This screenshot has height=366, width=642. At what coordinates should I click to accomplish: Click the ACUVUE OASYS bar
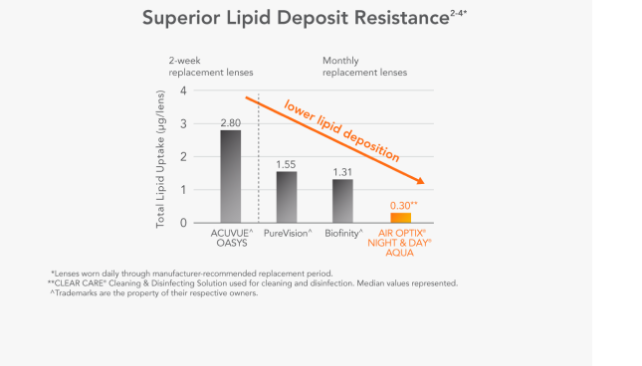[x=230, y=176]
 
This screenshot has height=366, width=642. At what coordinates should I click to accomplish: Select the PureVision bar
[x=287, y=197]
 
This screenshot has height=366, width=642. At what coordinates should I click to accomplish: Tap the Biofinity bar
[x=342, y=201]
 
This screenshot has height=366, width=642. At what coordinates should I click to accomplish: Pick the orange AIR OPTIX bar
[x=400, y=217]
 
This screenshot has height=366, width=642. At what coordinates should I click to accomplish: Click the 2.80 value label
[x=230, y=122]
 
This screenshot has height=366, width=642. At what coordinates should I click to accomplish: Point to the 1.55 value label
[x=287, y=163]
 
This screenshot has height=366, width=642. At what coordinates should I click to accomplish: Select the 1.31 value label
[x=342, y=171]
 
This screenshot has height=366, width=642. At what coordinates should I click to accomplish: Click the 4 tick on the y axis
[x=183, y=91]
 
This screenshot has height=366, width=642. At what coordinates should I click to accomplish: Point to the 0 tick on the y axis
[x=183, y=223]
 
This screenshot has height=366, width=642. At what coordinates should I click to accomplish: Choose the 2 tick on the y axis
[x=183, y=157]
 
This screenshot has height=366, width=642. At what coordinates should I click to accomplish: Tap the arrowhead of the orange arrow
[x=425, y=181]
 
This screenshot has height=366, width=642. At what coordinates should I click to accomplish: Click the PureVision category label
[x=289, y=233]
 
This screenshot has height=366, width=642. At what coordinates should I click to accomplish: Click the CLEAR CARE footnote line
[x=254, y=283]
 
